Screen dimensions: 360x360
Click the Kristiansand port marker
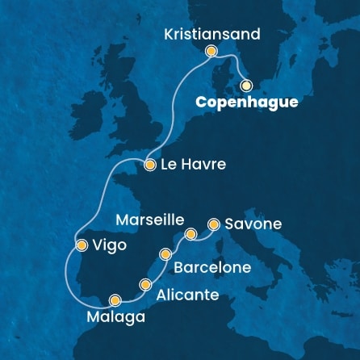(211, 52)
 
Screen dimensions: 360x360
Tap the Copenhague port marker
(246, 85)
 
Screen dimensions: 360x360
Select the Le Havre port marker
(149, 165)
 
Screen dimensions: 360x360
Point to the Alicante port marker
(145, 284)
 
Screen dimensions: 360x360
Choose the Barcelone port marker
(167, 254)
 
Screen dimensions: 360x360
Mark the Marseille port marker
(191, 235)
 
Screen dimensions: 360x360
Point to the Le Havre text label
(191, 165)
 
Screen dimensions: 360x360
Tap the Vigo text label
(110, 245)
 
